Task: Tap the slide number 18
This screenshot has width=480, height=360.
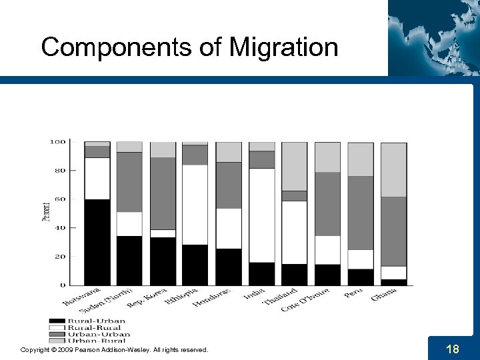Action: tap(452, 349)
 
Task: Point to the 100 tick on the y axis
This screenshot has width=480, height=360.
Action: tap(57, 141)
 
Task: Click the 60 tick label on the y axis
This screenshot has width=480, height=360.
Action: tap(59, 199)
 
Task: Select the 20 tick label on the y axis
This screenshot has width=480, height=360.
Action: tap(59, 256)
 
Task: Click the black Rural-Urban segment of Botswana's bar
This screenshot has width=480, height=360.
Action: tap(97, 241)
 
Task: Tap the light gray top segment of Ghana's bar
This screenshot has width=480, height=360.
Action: tap(393, 169)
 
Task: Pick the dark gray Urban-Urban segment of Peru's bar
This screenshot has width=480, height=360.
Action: tap(360, 213)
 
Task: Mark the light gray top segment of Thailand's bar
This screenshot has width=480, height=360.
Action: tap(294, 166)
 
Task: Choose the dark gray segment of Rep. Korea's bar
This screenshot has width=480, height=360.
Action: tap(163, 193)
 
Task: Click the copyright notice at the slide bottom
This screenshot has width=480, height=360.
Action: tap(114, 349)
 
